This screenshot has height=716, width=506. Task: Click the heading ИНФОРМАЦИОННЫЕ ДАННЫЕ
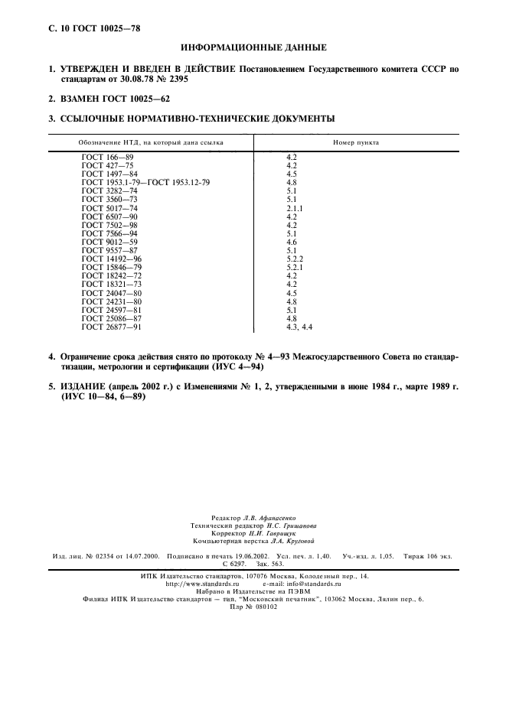coord(253,47)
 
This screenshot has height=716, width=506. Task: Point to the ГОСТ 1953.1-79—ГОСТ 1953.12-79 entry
coord(145,183)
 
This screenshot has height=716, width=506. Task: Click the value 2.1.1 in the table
coord(295,208)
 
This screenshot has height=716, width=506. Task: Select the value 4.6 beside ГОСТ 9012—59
coord(291,242)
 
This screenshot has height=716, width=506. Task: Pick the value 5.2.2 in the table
coord(295,259)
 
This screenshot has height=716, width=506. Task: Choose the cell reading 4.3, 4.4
coord(299,327)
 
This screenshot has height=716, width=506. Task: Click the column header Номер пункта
coord(356,142)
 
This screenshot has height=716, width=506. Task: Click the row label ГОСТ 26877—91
coord(112,327)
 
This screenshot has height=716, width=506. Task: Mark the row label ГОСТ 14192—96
coord(112,259)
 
